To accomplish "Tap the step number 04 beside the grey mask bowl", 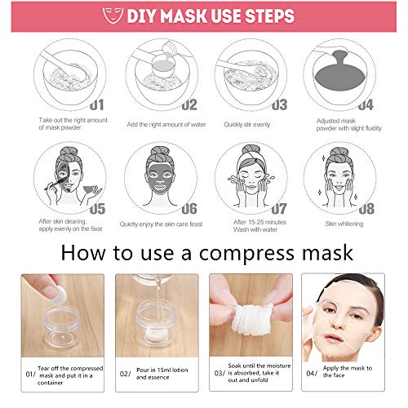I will coord(365,104).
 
